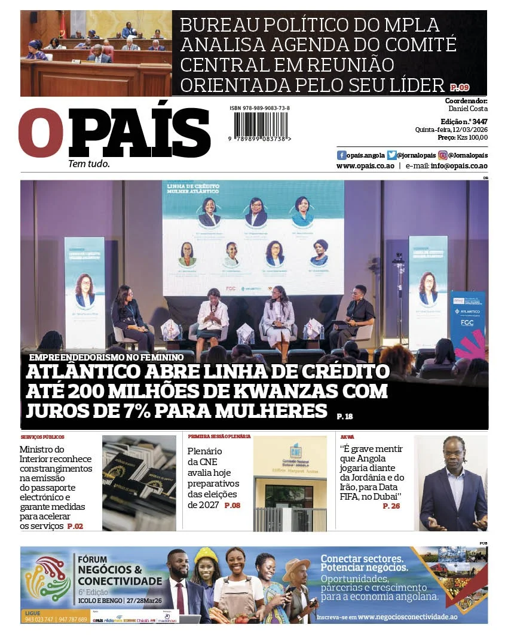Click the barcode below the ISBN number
[x=260, y=126]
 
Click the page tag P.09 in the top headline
[x=460, y=87]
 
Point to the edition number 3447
[x=479, y=121]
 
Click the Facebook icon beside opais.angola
[x=342, y=155]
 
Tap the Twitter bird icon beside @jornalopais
[x=391, y=155]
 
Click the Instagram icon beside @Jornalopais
[x=443, y=155]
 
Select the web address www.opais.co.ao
[x=365, y=166]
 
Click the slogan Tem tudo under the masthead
[x=89, y=164]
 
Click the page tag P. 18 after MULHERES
[x=345, y=416]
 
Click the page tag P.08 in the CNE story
[x=232, y=505]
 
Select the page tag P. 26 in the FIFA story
[x=391, y=506]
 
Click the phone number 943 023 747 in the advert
[x=39, y=620]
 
